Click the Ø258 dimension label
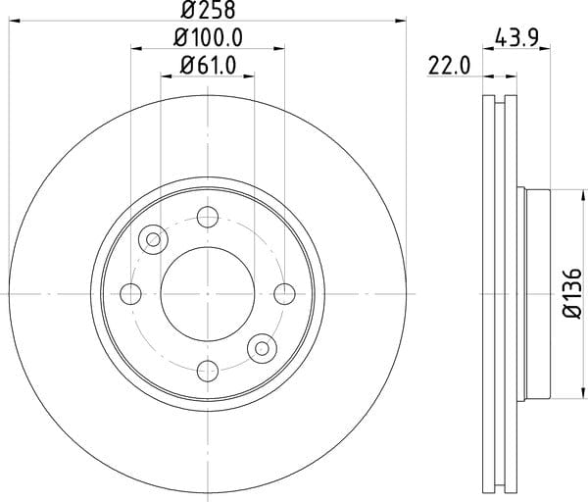coord(208,10)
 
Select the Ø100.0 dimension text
coord(208,38)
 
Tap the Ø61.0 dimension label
coord(208,66)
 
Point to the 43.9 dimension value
coord(516,38)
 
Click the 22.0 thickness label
coord(449,67)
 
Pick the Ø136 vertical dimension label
coord(573,293)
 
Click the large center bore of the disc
coord(208,294)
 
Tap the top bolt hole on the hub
coord(208,217)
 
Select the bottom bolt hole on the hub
coord(208,371)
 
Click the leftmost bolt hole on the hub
coord(131,294)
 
